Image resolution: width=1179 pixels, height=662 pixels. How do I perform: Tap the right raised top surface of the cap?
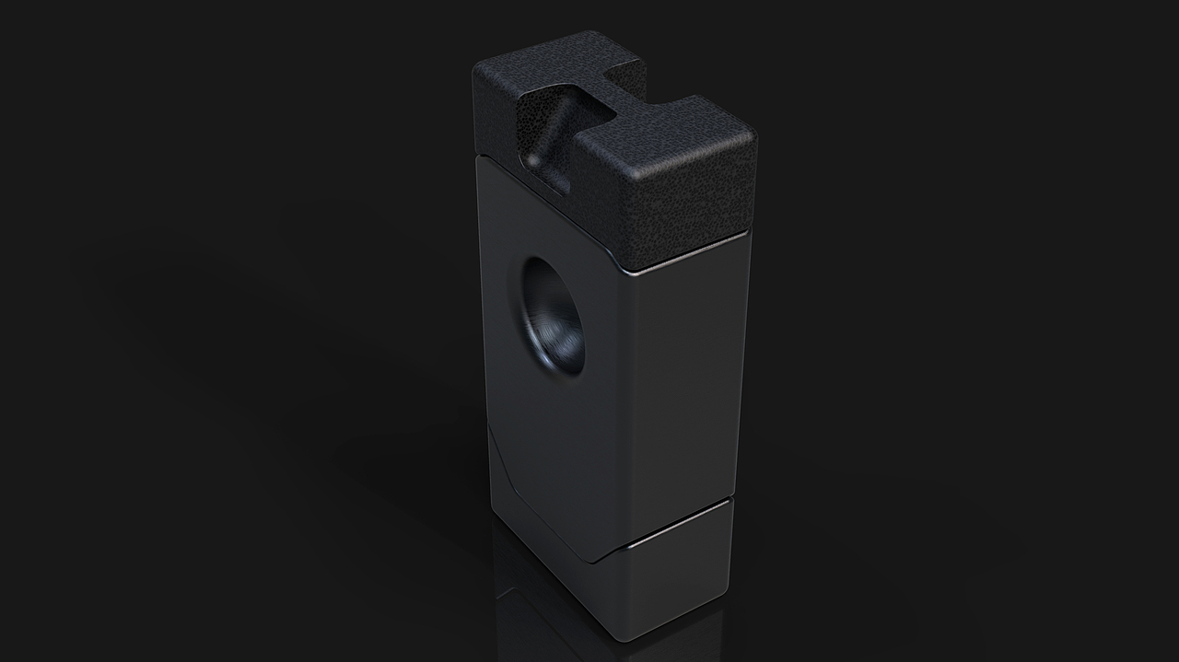(672, 138)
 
